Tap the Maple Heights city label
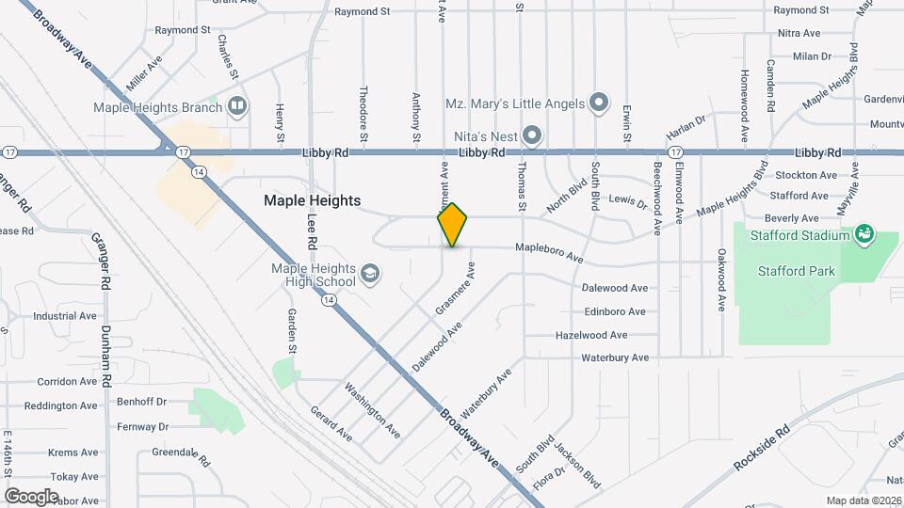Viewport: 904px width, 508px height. (x=312, y=200)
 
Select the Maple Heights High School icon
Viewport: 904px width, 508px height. (x=371, y=274)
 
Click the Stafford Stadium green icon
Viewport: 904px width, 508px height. (x=864, y=233)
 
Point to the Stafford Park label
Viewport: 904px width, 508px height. (x=796, y=272)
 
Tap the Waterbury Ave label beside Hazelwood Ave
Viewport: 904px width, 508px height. (x=615, y=358)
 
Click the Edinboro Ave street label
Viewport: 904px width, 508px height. (x=615, y=311)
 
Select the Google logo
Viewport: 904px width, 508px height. (x=31, y=496)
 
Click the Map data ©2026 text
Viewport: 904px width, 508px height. (x=863, y=500)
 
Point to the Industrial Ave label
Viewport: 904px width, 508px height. (x=66, y=316)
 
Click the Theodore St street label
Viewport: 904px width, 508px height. (x=363, y=116)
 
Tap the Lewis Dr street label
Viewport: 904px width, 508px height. (x=628, y=201)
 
